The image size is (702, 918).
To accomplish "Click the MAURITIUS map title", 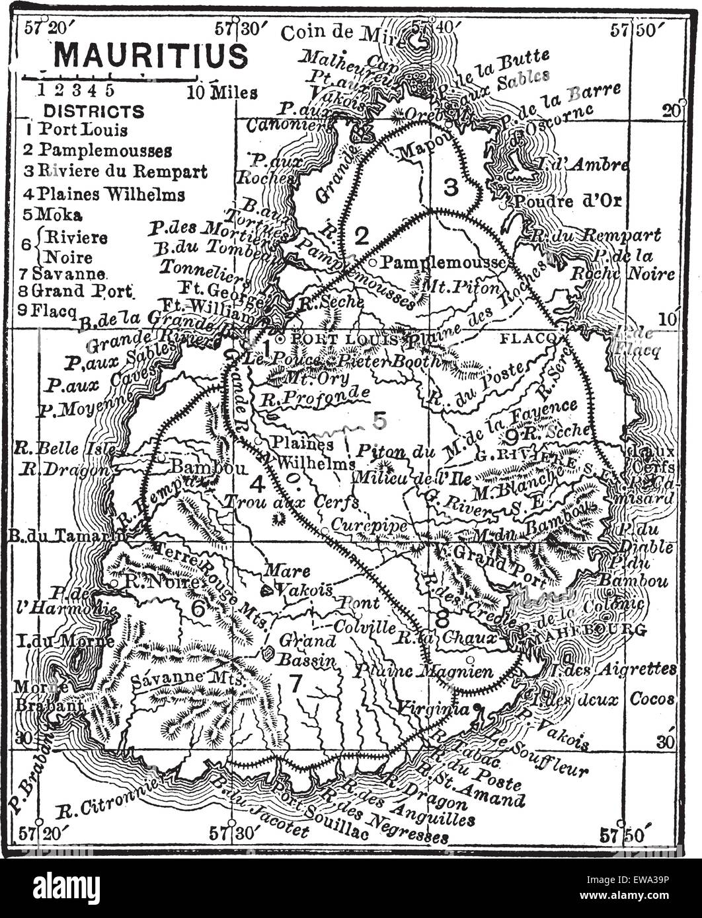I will (150, 56).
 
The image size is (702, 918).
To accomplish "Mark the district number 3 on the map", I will (450, 188).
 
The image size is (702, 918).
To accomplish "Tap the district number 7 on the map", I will (295, 684).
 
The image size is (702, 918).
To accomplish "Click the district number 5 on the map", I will (379, 419).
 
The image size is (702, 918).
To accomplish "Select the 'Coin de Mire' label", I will (341, 33).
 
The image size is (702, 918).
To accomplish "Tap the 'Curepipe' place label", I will (361, 523).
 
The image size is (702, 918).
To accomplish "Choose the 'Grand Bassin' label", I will (307, 649).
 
